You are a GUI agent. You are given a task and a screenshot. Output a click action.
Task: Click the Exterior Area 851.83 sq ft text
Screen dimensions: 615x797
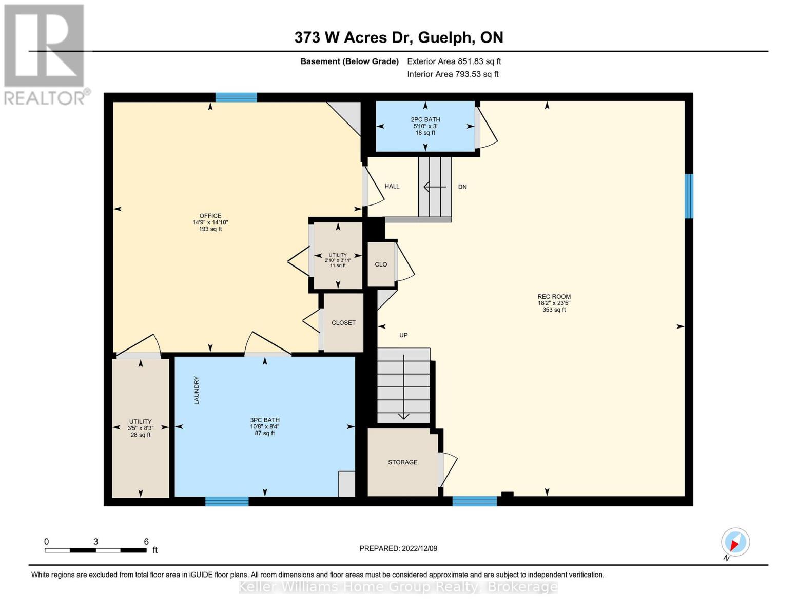(454, 61)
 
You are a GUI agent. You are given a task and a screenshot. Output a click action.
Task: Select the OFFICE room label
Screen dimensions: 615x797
(210, 216)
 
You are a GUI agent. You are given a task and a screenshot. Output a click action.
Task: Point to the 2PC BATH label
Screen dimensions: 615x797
(425, 120)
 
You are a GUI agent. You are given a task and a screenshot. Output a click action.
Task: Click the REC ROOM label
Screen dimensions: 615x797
(554, 297)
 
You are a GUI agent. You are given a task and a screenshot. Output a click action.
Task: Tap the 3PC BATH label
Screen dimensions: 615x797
(265, 420)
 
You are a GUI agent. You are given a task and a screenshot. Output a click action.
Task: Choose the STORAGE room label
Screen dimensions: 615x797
(402, 462)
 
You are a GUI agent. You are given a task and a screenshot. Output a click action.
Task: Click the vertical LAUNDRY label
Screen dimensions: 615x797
(196, 391)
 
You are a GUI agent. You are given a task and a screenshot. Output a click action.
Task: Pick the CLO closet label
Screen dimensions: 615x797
(381, 264)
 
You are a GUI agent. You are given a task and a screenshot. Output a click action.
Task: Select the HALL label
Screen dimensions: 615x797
(392, 187)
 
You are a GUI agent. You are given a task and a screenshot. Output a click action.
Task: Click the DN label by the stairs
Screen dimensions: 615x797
(462, 187)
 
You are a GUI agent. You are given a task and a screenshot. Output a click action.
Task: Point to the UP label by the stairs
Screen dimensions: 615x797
(403, 335)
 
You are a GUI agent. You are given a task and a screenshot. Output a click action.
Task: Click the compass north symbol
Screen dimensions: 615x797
(735, 542)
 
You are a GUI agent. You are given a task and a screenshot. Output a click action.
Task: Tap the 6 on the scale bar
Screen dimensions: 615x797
(146, 542)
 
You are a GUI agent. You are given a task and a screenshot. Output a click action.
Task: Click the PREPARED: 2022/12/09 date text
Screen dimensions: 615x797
(398, 548)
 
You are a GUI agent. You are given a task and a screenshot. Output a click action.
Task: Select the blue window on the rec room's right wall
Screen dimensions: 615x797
(689, 196)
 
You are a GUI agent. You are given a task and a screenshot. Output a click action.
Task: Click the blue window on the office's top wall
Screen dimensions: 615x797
(236, 97)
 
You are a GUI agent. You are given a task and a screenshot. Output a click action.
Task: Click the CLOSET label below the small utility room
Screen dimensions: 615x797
(343, 323)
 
